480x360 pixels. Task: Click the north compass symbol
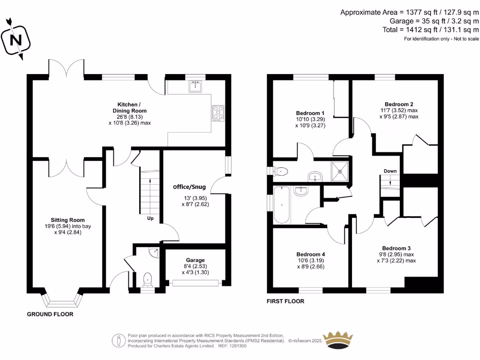(x=17, y=39)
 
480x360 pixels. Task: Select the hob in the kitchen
(x=218, y=112)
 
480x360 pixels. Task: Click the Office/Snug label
(x=189, y=187)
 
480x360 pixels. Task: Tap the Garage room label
(x=195, y=260)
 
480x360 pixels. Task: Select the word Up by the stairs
(x=150, y=218)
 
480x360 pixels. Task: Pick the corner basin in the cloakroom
(x=154, y=252)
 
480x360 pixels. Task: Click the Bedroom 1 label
(x=310, y=113)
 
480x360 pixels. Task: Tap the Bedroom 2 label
(x=398, y=104)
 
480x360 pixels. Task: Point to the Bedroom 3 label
(x=396, y=248)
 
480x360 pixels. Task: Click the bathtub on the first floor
(x=282, y=205)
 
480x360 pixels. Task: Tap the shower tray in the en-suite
(x=340, y=171)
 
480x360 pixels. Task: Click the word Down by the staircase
(x=390, y=171)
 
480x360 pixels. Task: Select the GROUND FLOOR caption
(x=50, y=314)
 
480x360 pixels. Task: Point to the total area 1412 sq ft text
(x=430, y=30)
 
